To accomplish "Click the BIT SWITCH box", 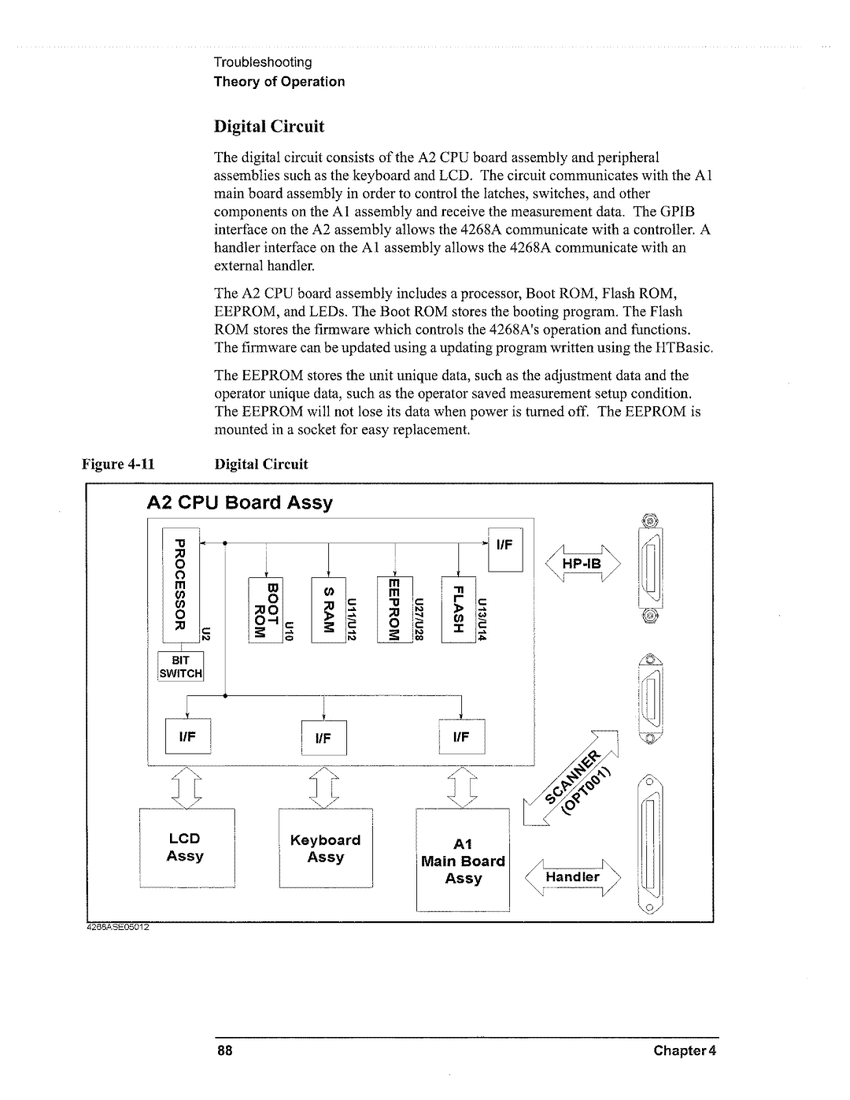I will pos(182,668).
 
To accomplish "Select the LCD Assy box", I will pos(187,848).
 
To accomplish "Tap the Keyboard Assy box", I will pos(326,849).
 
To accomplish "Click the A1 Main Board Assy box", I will pos(463,860).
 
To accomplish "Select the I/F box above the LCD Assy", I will pos(187,738).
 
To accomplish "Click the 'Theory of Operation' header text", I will pos(279,82).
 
